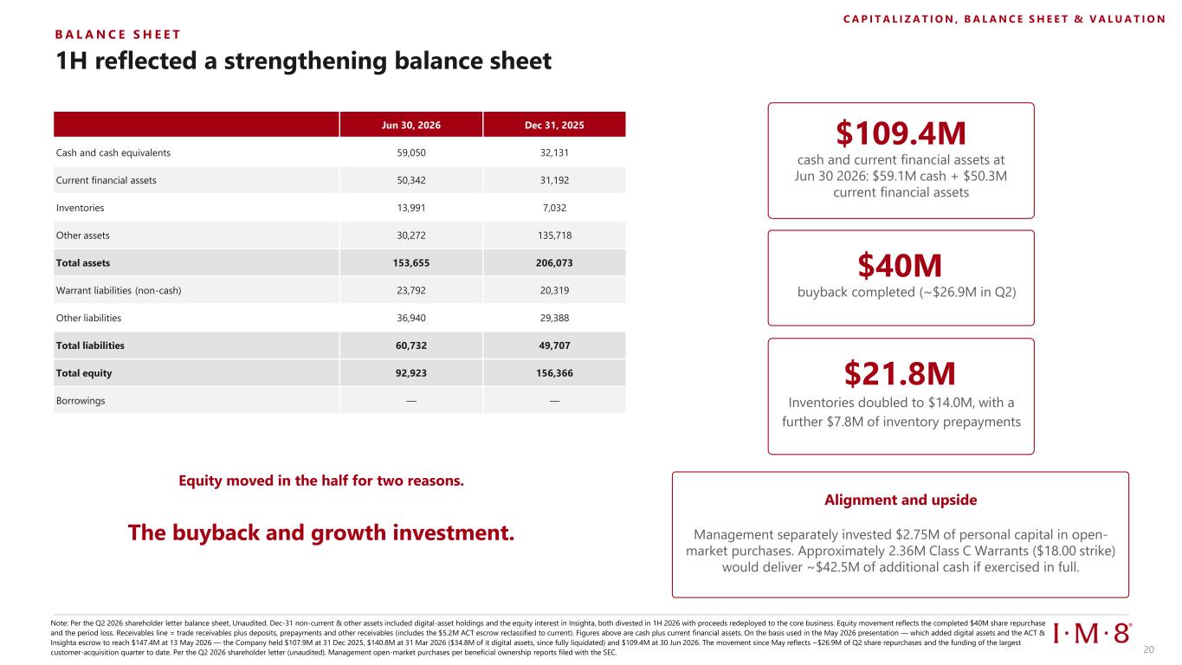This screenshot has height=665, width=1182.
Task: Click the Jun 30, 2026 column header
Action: point(410,125)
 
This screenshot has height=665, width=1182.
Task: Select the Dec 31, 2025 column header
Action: point(554,125)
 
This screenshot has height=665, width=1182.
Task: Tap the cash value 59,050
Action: point(411,152)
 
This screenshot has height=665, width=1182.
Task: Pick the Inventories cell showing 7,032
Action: point(554,208)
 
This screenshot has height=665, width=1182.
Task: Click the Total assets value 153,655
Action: point(411,263)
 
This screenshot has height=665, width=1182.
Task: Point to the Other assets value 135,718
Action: point(554,236)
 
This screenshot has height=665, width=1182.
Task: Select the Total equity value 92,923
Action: point(411,373)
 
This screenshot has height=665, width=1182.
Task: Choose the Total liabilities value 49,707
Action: point(554,345)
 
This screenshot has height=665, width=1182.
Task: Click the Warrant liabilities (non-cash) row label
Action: point(119,290)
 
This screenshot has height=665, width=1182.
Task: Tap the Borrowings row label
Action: point(81,401)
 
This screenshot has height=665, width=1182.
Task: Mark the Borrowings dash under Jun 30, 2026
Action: point(411,401)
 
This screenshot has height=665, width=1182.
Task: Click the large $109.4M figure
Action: point(901,133)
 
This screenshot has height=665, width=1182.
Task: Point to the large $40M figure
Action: point(900,265)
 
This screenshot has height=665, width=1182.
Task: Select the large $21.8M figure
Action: point(900,373)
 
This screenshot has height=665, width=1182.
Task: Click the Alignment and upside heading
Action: point(901,500)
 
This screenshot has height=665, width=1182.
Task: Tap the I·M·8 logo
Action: point(1092,633)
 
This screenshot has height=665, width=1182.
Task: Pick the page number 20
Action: point(1149,649)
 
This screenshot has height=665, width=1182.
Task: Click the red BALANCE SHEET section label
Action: point(118,35)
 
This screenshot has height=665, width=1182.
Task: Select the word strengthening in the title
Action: point(306,61)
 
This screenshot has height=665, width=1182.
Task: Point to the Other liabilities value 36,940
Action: point(411,319)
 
